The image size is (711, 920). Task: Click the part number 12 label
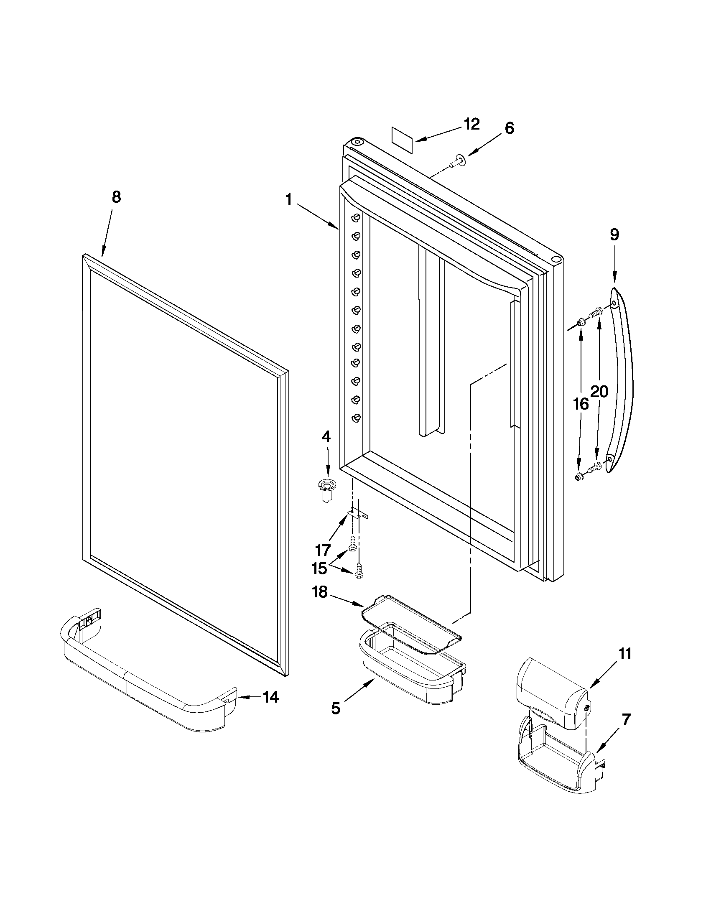pos(472,124)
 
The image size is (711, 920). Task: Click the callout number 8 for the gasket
pos(116,197)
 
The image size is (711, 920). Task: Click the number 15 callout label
pos(319,568)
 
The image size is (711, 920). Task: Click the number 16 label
pos(581,404)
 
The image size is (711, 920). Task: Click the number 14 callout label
pos(270,697)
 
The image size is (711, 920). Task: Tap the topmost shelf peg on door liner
pos(357,218)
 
